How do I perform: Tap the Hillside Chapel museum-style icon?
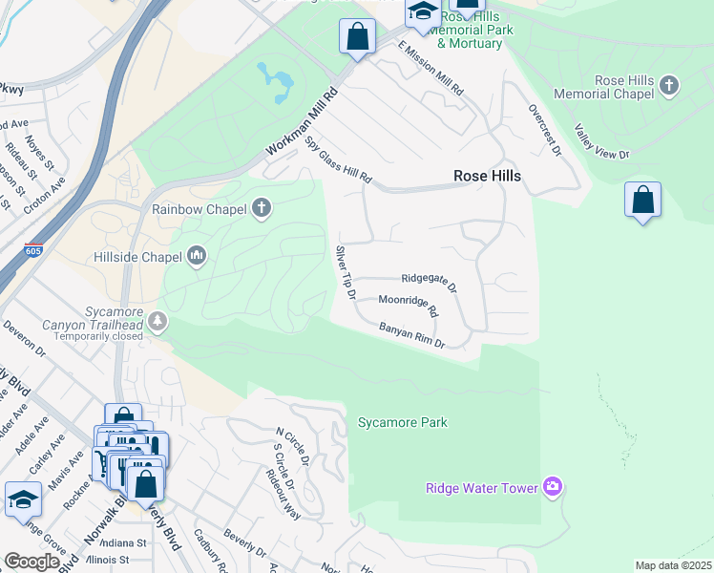click(198, 255)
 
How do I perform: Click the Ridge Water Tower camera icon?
click(552, 488)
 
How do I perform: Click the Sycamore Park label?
click(402, 422)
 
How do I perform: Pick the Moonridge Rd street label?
click(408, 306)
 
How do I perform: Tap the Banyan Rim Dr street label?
click(412, 336)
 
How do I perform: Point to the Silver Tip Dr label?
click(345, 273)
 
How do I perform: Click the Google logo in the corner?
click(31, 562)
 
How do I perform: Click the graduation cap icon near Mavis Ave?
click(23, 500)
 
